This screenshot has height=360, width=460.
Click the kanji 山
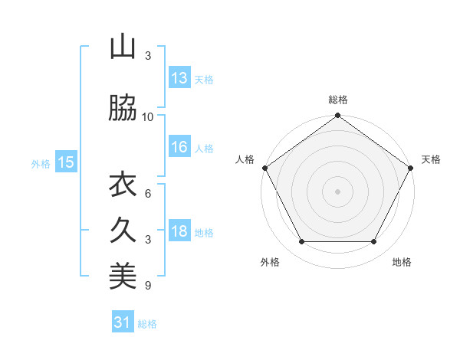(x=123, y=47)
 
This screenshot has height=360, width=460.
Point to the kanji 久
(x=123, y=230)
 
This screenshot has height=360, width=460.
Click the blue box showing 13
(x=179, y=78)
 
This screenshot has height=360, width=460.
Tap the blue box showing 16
(x=179, y=147)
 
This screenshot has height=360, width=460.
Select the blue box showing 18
(x=179, y=231)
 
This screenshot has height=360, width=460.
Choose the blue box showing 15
(x=66, y=162)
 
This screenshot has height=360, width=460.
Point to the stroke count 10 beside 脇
(x=148, y=116)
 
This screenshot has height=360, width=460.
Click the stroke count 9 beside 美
(x=148, y=286)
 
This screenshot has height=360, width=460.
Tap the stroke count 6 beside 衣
(x=148, y=193)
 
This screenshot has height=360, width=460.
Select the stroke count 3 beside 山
(x=148, y=56)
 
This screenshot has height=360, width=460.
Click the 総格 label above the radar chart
(x=337, y=100)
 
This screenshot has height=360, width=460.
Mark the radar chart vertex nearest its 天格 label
(x=412, y=167)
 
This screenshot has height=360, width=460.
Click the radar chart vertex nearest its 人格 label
(x=264, y=167)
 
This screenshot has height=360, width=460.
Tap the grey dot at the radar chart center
(x=337, y=191)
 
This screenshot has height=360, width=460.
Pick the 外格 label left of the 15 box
(x=41, y=162)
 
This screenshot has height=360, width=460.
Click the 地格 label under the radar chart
(x=402, y=262)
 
